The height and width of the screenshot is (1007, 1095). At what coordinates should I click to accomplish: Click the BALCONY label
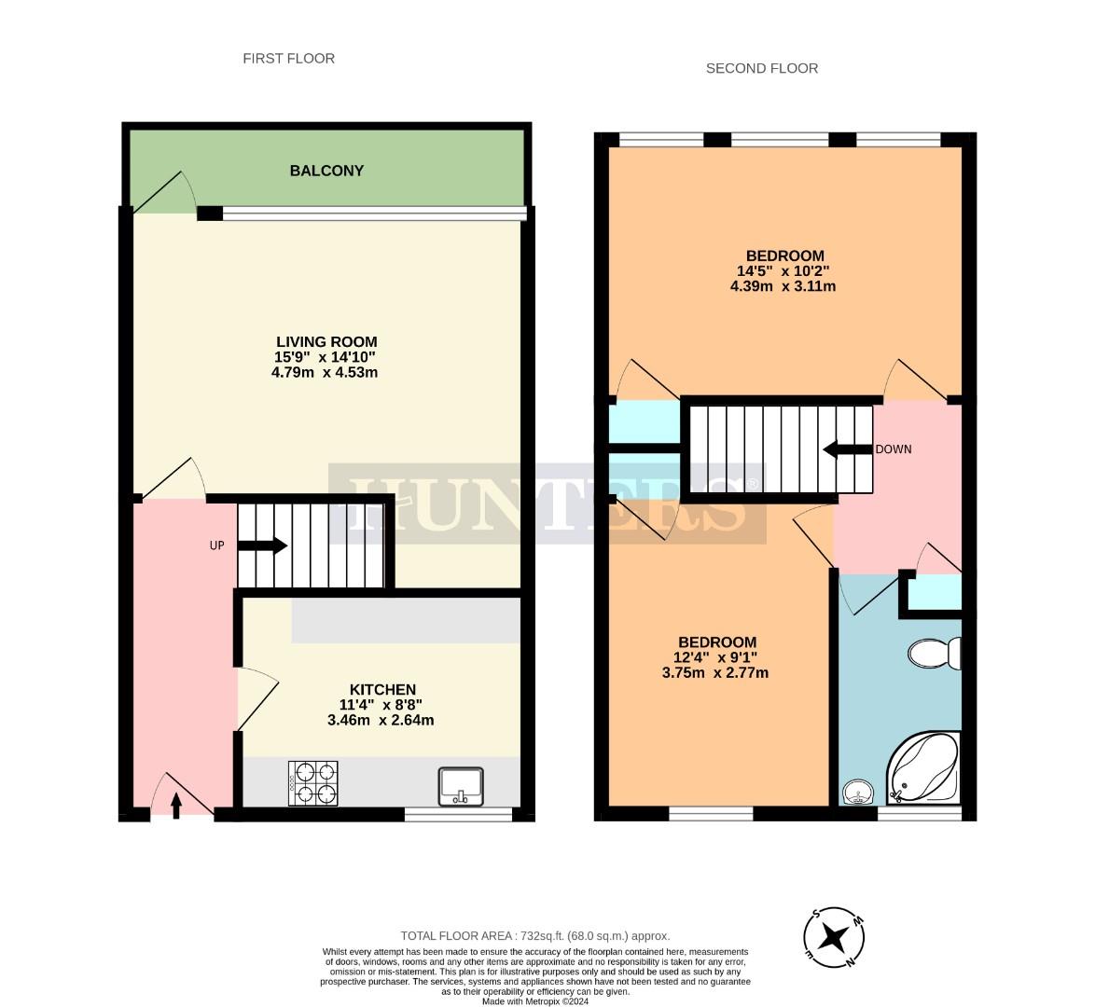tap(326, 171)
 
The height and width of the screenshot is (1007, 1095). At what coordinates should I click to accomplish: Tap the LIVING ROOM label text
tap(326, 341)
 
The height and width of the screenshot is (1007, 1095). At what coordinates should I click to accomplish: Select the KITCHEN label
tap(382, 690)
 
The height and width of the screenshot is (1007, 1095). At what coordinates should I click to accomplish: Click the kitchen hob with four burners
tap(313, 783)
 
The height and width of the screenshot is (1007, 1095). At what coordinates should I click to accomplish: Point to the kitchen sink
tap(461, 786)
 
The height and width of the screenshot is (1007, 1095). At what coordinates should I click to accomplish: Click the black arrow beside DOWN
tap(846, 449)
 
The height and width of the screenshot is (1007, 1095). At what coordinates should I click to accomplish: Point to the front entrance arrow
tap(176, 804)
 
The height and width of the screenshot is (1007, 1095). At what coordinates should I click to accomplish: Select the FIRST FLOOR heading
tap(288, 59)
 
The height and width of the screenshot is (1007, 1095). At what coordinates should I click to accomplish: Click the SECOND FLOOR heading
tap(761, 68)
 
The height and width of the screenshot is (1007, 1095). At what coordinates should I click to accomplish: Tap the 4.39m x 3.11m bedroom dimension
tap(783, 286)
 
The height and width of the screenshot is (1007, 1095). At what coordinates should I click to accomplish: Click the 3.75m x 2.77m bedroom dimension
tap(716, 672)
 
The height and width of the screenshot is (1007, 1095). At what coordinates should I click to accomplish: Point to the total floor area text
tap(534, 935)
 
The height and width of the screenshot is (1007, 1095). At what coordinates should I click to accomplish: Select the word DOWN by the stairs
tap(893, 449)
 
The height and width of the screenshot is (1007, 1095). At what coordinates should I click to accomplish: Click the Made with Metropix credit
tap(534, 1001)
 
